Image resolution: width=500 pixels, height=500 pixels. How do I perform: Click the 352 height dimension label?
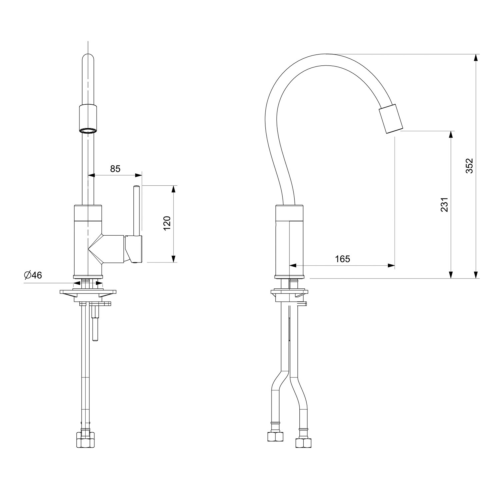click(469, 165)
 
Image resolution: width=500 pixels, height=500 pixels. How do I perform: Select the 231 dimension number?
click(444, 205)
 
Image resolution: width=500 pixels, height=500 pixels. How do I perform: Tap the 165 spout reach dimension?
click(343, 259)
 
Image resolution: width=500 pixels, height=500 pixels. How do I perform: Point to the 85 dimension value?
click(115, 169)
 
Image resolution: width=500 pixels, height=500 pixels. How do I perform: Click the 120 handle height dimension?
click(167, 223)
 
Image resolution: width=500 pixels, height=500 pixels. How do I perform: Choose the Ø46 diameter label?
click(33, 275)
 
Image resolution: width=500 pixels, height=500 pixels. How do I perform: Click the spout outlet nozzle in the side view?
click(391, 119)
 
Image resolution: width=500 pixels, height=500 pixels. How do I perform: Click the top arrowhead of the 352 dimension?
click(476, 58)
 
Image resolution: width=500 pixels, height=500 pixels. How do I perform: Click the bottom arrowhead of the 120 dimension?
click(173, 259)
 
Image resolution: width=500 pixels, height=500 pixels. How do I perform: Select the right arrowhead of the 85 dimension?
click(138, 175)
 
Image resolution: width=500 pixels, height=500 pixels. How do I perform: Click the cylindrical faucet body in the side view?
click(289, 242)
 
